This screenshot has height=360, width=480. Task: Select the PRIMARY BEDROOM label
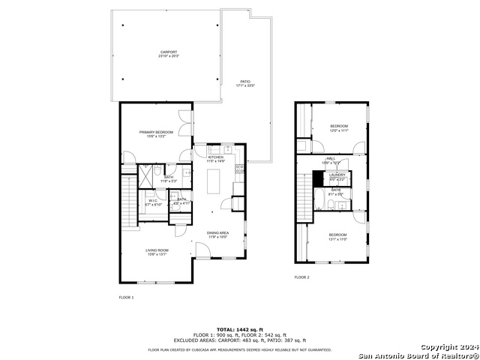pyautogui.click(x=157, y=133)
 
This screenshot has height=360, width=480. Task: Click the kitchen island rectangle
pyautogui.click(x=213, y=181)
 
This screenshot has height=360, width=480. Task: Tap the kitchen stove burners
pyautogui.click(x=240, y=169)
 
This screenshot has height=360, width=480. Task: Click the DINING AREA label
pyautogui.click(x=218, y=235)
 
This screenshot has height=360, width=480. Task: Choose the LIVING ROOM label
pyautogui.click(x=157, y=252)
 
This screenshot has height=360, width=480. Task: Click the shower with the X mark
pyautogui.click(x=140, y=175)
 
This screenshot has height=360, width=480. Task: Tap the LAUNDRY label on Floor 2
pyautogui.click(x=337, y=176)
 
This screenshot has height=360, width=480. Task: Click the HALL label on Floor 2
pyautogui.click(x=331, y=160)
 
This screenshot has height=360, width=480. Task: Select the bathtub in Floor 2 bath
pyautogui.click(x=318, y=200)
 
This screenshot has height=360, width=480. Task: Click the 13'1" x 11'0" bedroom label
pyautogui.click(x=337, y=238)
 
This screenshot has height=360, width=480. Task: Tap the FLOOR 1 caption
pyautogui.click(x=126, y=298)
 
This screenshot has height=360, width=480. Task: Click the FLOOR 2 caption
pyautogui.click(x=301, y=277)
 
